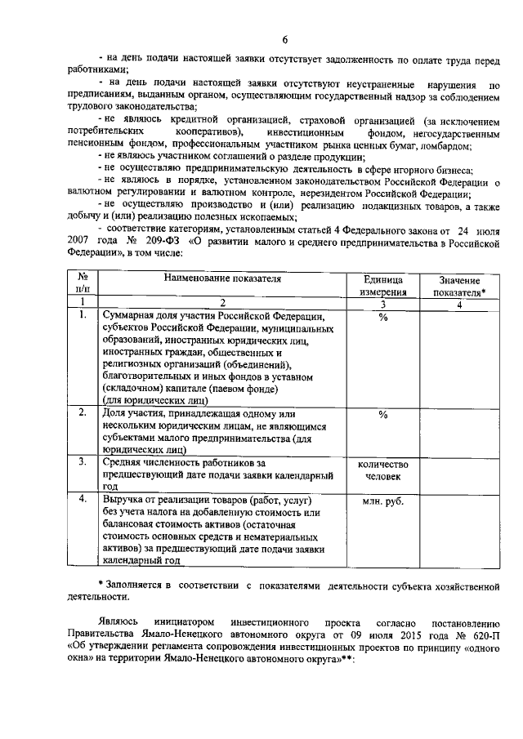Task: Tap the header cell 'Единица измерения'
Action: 382,286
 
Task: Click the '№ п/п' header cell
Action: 83,286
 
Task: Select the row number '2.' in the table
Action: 83,413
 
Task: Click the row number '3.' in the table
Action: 83,461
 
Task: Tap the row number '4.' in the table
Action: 83,498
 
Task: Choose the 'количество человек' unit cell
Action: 382,469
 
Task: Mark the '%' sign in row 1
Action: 382,317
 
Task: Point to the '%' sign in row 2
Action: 382,414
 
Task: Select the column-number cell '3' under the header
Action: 382,304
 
